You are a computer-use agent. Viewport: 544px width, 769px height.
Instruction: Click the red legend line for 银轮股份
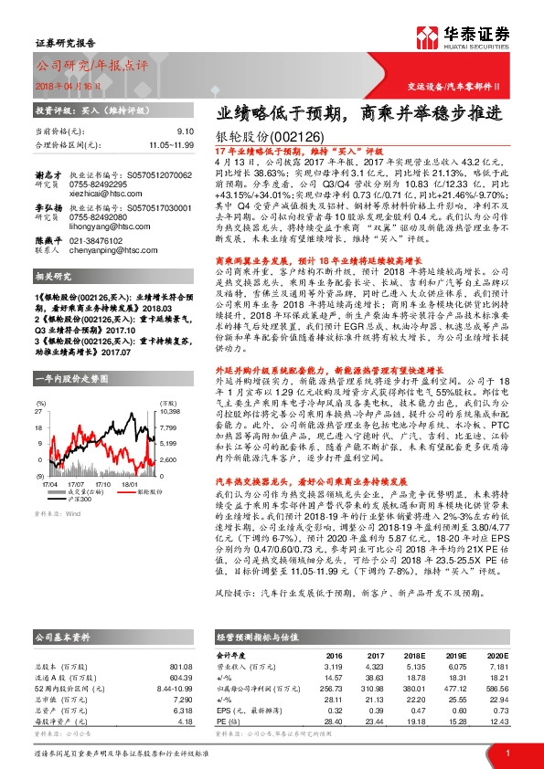tap(125, 490)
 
